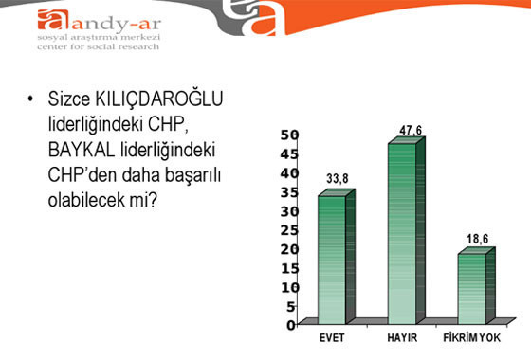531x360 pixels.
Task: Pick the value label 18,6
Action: coord(478,239)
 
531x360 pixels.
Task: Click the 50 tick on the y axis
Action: coord(289,135)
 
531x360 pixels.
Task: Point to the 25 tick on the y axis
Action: coord(289,229)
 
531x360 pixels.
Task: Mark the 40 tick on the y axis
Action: coord(289,172)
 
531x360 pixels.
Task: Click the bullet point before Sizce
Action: coord(32,100)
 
